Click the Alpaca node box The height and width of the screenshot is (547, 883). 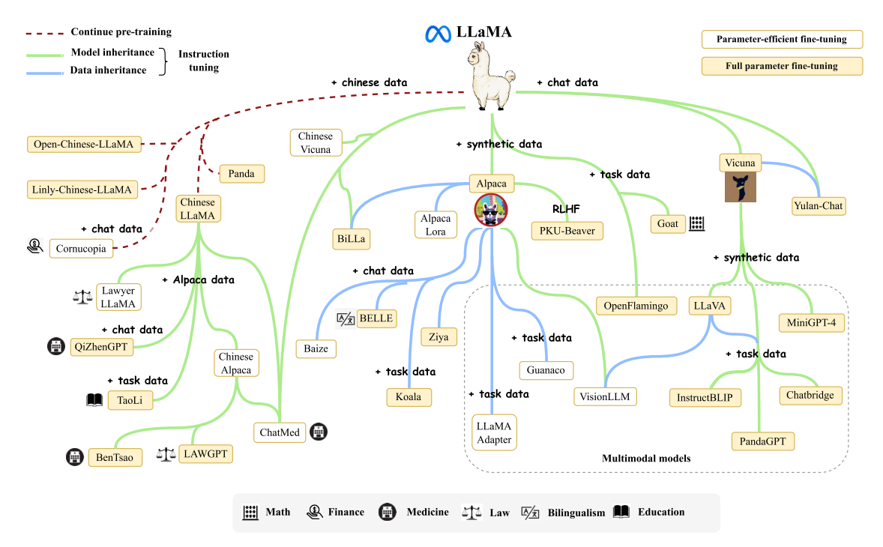[492, 183]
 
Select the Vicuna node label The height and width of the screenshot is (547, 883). [740, 163]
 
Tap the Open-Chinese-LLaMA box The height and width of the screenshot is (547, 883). [84, 145]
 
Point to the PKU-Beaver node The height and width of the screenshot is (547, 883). [567, 231]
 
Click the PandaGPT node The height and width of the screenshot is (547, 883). [762, 441]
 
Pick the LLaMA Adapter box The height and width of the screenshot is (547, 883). [494, 432]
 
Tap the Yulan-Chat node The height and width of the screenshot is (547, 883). [819, 206]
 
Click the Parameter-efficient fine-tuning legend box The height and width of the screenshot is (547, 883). [781, 39]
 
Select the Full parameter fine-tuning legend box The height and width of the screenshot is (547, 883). [781, 66]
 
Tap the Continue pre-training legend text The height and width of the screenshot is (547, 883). [121, 32]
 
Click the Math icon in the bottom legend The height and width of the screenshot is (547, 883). [250, 513]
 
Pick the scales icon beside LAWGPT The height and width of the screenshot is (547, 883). [166, 453]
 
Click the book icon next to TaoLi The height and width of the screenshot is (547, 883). [94, 400]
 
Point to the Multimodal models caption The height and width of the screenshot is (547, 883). [646, 458]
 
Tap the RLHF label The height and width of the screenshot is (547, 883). [567, 209]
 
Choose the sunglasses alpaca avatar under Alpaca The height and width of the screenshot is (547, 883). [490, 209]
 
